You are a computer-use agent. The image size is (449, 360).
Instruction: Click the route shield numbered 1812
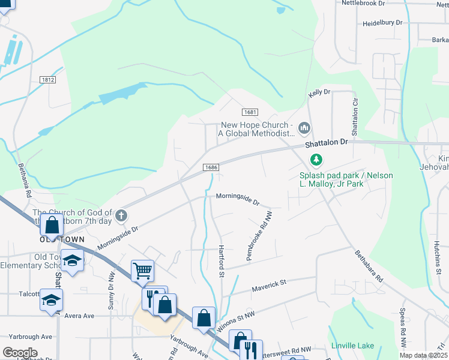coord(48,80)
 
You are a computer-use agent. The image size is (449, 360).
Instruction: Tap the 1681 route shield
coord(250,113)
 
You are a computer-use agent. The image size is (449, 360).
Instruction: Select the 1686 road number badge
coord(209,167)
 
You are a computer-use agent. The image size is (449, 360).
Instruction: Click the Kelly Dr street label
coord(319,92)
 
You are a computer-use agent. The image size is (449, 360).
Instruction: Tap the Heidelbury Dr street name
coord(382,23)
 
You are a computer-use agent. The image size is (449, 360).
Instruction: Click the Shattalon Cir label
coord(354,118)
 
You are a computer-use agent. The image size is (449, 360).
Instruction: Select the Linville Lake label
coord(352,346)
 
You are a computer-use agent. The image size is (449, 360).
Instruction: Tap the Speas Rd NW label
coord(402,329)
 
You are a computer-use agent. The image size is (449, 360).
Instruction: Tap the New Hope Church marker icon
coord(304,127)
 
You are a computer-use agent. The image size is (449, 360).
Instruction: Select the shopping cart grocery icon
coord(142,270)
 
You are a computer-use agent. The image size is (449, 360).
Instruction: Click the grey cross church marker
coord(122,215)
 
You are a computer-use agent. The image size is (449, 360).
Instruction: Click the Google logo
coord(20,353)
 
